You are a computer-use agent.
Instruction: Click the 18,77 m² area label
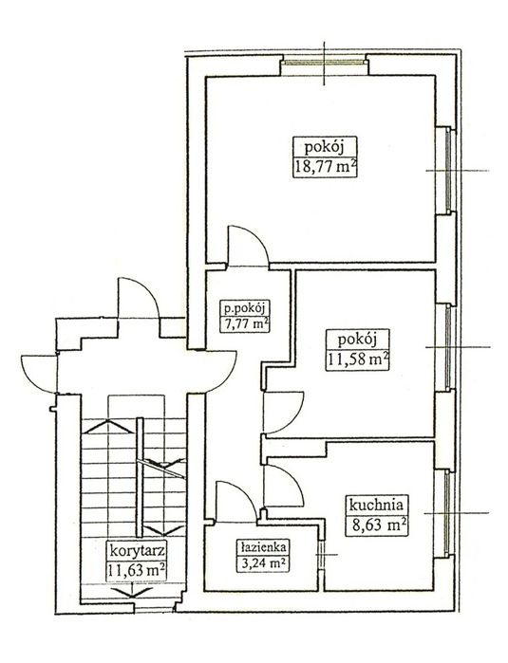[x=325, y=167]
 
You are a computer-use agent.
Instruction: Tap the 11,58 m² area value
[x=358, y=360]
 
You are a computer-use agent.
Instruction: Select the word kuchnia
[x=376, y=505]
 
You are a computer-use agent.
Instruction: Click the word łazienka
[x=263, y=546]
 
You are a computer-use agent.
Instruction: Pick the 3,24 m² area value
[x=263, y=563]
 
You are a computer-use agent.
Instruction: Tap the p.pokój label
[x=245, y=308]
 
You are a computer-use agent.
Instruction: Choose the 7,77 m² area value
[x=245, y=324]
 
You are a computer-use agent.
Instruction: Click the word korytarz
[x=137, y=551]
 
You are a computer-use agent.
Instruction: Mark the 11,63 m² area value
[x=136, y=570]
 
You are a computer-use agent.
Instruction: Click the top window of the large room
[x=325, y=63]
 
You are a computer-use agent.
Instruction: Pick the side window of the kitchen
[x=448, y=513]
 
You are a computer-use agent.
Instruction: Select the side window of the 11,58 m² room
[x=448, y=347]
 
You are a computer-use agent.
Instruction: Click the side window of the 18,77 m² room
[x=449, y=171]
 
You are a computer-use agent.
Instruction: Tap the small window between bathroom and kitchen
[x=320, y=554]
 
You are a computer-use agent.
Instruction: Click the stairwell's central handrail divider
[x=140, y=477]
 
